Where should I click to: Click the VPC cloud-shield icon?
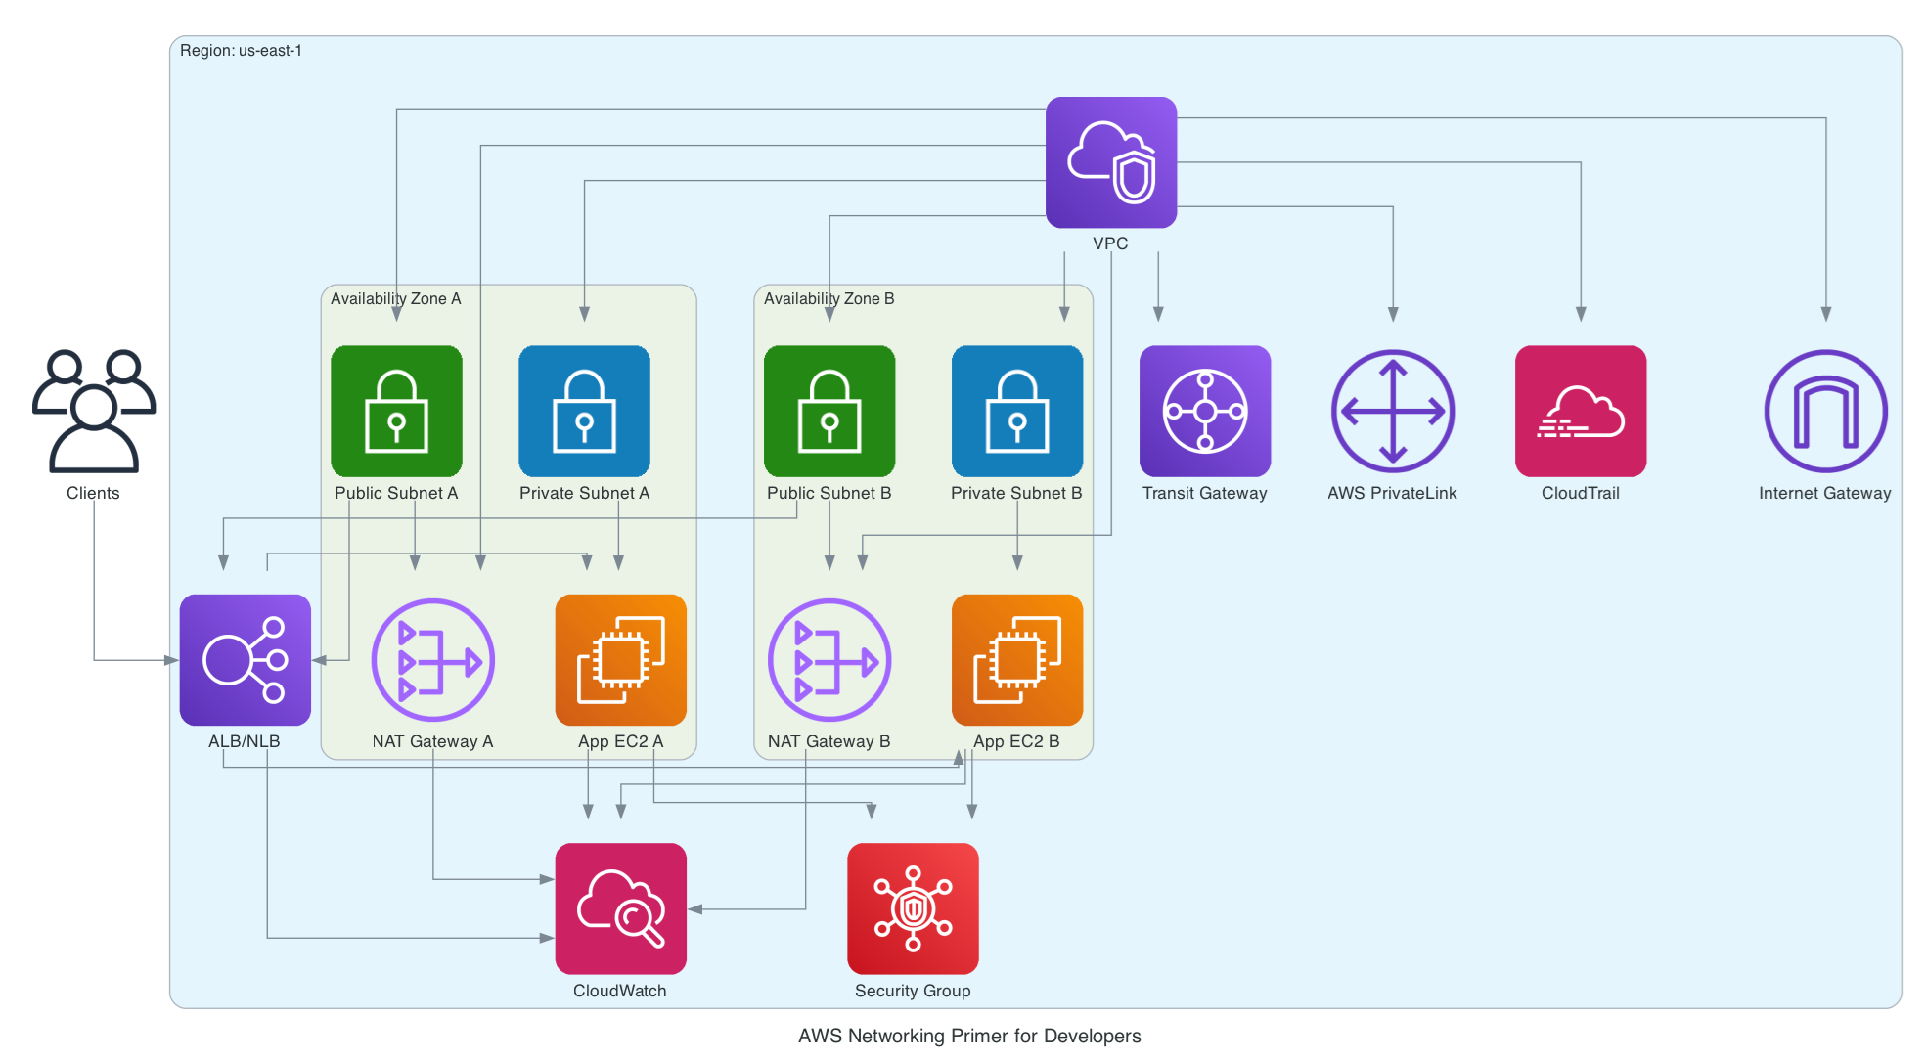[x=1110, y=162]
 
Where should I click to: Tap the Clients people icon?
[x=93, y=411]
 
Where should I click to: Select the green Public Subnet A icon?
[x=396, y=411]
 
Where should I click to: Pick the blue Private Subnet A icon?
[x=584, y=411]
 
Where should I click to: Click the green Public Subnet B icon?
[x=829, y=411]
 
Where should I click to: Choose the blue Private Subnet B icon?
[x=1017, y=411]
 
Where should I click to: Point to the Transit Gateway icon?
[x=1205, y=411]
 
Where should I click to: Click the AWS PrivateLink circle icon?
[x=1393, y=411]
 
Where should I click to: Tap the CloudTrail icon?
[x=1581, y=411]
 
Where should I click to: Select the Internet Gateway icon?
[x=1825, y=411]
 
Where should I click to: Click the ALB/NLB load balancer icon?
[x=245, y=660]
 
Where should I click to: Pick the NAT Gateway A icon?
[x=433, y=660]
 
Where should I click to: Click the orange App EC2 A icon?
[x=620, y=660]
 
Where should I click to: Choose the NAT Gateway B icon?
[x=829, y=660]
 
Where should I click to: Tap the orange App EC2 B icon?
[x=1017, y=660]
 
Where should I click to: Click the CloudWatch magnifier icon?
[x=620, y=908]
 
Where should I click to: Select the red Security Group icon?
[x=913, y=908]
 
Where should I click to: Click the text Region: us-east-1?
[x=241, y=51]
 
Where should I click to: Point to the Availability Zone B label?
[x=829, y=298]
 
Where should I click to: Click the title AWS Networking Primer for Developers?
[x=968, y=1036]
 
